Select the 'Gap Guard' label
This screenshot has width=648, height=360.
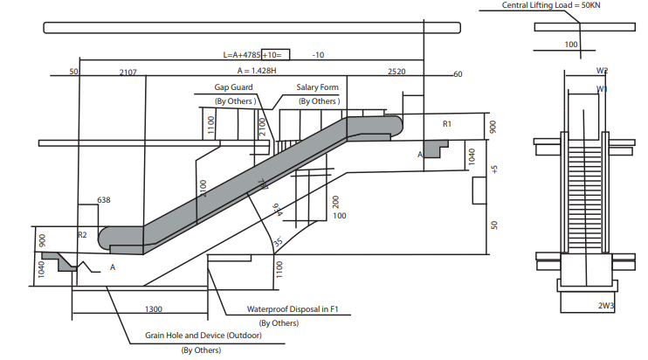pyautogui.click(x=234, y=87)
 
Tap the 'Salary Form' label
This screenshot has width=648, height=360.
pyautogui.click(x=317, y=87)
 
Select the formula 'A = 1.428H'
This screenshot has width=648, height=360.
pyautogui.click(x=256, y=70)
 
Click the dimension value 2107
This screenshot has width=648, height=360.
pyautogui.click(x=128, y=73)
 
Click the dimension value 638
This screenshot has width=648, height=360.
pyautogui.click(x=103, y=200)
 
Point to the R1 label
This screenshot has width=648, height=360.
pyautogui.click(x=447, y=124)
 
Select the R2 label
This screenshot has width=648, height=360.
pyautogui.click(x=83, y=235)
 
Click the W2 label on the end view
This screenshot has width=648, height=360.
pyautogui.click(x=603, y=71)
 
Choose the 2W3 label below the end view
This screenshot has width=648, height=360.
pyautogui.click(x=605, y=305)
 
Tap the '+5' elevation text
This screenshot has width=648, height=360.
pyautogui.click(x=495, y=169)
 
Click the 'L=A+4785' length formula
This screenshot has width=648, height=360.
pyautogui.click(x=242, y=54)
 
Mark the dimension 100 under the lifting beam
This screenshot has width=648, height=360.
pyautogui.click(x=571, y=44)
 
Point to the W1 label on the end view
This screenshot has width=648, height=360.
pyautogui.click(x=603, y=88)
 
